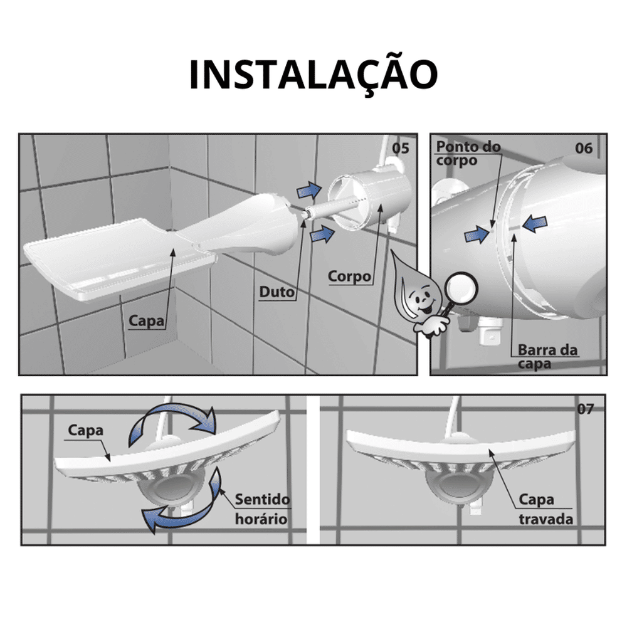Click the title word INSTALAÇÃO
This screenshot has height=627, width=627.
point(313,75)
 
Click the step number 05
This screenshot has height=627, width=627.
point(400,149)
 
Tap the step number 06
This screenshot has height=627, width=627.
point(584,149)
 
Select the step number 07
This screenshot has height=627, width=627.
point(585,409)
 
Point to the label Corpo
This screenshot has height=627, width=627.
point(350,276)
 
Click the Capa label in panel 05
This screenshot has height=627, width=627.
point(147,322)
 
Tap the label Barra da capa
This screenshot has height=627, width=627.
point(547,357)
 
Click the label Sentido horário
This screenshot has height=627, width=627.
point(262,509)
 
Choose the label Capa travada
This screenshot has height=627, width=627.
point(545,509)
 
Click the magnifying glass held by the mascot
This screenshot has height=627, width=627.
point(463,287)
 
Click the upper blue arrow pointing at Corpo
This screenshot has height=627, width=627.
point(308,187)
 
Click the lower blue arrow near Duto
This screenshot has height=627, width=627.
point(322,234)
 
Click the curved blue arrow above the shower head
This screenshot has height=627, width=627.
point(171,424)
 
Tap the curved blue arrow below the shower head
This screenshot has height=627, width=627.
point(182,505)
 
